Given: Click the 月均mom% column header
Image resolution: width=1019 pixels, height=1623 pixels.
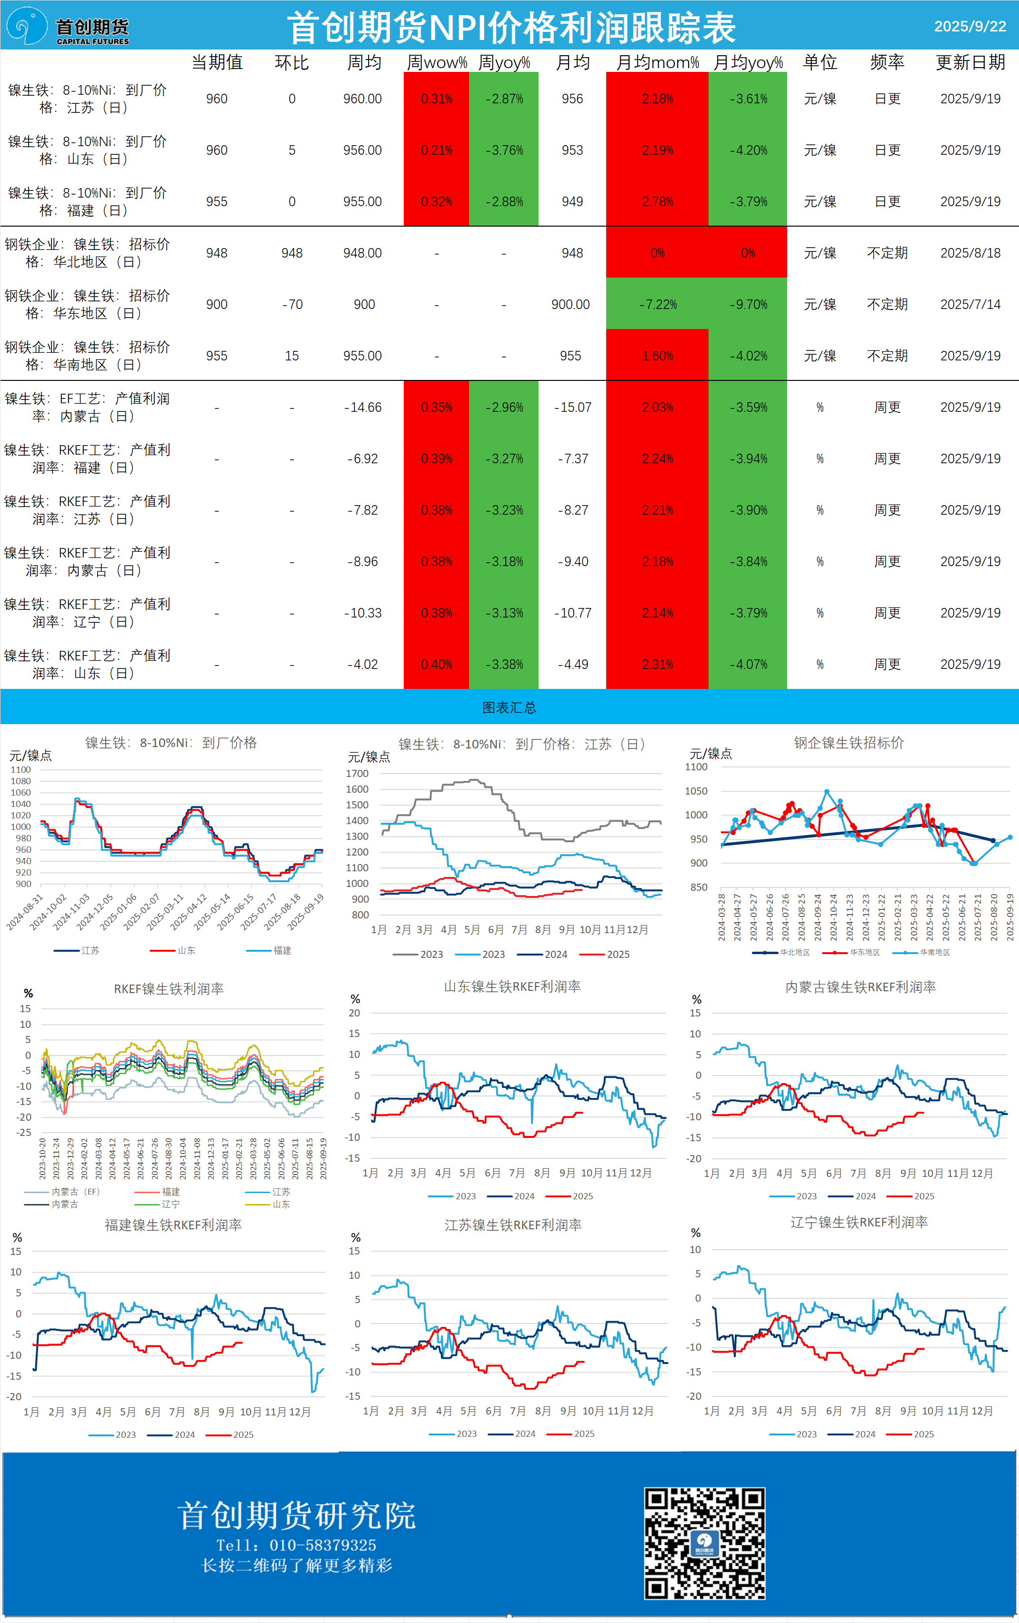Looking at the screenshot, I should pos(657,63).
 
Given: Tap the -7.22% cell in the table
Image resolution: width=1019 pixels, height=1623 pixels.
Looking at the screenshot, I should pos(657,305).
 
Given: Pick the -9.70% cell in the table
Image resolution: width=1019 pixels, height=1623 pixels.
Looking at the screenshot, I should pos(748,305).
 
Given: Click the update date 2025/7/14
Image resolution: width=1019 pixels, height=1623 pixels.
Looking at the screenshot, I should pos(970,305).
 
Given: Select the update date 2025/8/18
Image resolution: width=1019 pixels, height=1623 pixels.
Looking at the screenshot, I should pos(970,253).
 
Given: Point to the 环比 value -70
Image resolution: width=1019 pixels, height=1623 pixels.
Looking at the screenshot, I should pos(292,305).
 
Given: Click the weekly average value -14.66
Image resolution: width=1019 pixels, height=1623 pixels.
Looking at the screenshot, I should pos(362,408).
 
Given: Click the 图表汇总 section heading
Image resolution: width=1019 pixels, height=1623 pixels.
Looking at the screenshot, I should pos(509,707).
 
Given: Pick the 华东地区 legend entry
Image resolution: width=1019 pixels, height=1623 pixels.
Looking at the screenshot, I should pos(864,953).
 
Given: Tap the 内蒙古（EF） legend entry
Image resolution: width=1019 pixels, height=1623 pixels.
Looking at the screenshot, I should pos(75,1192).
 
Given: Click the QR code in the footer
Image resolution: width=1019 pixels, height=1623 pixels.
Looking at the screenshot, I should pos(704,1543).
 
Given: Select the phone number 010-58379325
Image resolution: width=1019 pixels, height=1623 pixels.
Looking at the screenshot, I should pos(322,1545).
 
